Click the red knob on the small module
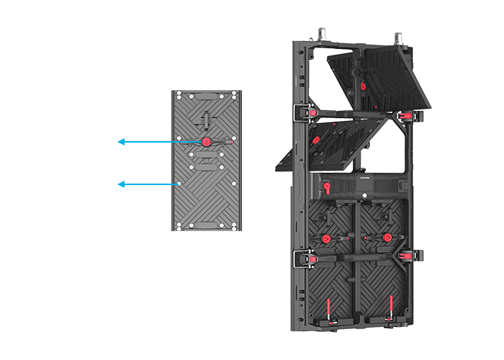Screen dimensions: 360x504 tap(207, 142)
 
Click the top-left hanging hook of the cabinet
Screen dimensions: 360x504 tap(321, 33)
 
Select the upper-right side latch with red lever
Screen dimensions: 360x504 tap(409, 115)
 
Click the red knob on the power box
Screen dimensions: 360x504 tap(325, 188)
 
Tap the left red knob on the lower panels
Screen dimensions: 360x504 tap(325, 238)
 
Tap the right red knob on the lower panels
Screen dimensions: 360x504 tap(387, 238)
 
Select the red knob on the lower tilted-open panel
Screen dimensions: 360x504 tap(315, 133)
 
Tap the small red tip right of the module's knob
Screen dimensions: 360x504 tap(232, 142)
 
